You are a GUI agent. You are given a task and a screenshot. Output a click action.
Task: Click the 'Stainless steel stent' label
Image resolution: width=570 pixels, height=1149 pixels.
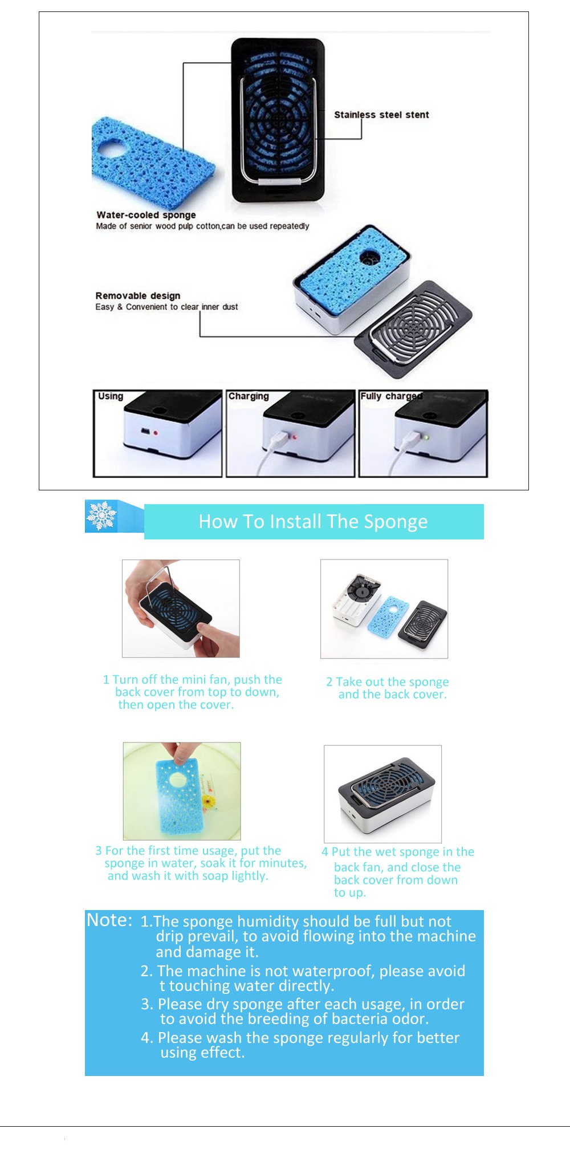(381, 115)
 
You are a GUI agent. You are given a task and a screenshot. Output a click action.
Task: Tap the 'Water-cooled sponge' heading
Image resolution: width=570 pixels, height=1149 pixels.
(146, 215)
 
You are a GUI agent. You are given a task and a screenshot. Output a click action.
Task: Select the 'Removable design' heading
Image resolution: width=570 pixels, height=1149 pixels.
(138, 295)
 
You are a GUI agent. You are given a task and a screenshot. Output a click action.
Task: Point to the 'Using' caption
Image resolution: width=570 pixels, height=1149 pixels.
(111, 396)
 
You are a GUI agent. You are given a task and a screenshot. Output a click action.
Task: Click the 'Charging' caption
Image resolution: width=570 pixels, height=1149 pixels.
(249, 396)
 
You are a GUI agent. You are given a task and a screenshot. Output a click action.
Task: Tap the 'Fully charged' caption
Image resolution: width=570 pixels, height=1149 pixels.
(391, 396)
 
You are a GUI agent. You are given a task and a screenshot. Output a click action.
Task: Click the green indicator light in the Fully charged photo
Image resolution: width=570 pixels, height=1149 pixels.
(426, 437)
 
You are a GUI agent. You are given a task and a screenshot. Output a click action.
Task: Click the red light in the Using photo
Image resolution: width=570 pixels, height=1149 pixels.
(155, 433)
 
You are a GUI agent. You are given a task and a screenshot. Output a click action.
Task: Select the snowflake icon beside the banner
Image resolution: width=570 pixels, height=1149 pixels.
(101, 516)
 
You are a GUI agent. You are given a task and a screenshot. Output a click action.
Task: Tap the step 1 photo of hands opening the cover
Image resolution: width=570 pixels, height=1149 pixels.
(181, 608)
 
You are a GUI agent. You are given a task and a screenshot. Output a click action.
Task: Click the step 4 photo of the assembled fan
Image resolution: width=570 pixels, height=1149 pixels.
(382, 794)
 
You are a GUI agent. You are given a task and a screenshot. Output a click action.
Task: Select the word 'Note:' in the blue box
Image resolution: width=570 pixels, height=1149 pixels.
(109, 920)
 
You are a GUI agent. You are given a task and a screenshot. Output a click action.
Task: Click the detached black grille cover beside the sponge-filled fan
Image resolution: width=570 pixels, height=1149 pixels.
(413, 329)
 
